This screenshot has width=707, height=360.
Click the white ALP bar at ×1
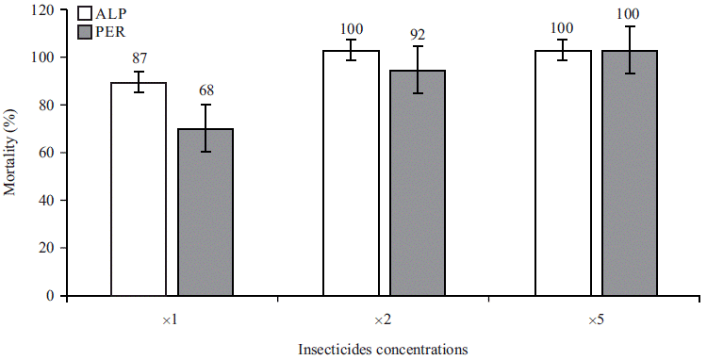pyautogui.click(x=139, y=188)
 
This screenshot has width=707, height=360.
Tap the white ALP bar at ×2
pyautogui.click(x=351, y=173)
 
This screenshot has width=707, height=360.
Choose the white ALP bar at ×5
pyautogui.click(x=563, y=173)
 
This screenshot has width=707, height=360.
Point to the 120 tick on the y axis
pyautogui.click(x=41, y=10)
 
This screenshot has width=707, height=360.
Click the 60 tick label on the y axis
pyautogui.click(x=45, y=153)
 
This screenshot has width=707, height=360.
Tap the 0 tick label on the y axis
pyautogui.click(x=49, y=296)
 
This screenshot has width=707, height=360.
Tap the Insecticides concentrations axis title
pyautogui.click(x=382, y=349)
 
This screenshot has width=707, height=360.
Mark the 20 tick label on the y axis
pyautogui.click(x=45, y=248)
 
